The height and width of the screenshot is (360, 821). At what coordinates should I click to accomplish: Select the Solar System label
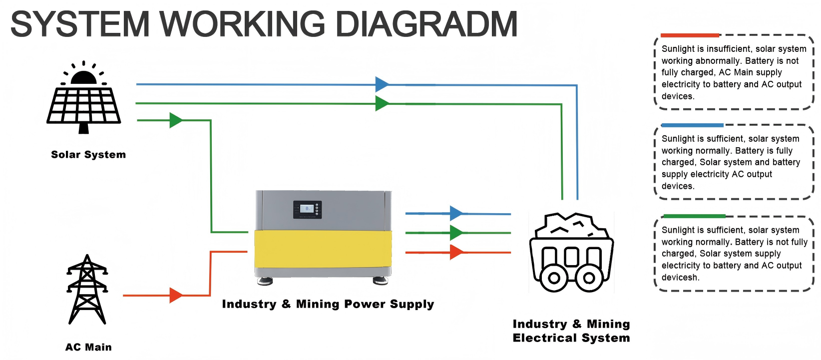click(88, 155)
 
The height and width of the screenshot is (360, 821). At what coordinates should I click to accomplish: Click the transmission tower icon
click(87, 290)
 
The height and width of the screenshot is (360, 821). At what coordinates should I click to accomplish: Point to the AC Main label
click(88, 347)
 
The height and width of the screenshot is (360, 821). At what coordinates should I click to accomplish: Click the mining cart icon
click(571, 253)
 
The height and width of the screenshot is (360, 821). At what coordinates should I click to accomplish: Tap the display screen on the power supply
click(307, 209)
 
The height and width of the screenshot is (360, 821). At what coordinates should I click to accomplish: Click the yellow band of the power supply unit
click(323, 249)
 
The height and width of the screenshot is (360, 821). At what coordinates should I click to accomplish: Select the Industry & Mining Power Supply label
click(328, 304)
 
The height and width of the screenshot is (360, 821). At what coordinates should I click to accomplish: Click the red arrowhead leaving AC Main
click(176, 296)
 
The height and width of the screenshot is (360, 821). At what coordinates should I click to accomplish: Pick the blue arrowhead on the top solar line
click(382, 84)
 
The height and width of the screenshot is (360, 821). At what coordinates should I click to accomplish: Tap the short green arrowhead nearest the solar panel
click(176, 120)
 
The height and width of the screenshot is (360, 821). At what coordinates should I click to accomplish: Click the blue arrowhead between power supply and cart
click(456, 214)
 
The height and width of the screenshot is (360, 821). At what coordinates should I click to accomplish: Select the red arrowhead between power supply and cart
click(456, 253)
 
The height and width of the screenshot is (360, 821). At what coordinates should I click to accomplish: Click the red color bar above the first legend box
click(690, 35)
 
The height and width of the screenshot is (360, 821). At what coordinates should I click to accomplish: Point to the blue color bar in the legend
click(692, 125)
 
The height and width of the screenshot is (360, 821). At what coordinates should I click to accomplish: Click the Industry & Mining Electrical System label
click(571, 331)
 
